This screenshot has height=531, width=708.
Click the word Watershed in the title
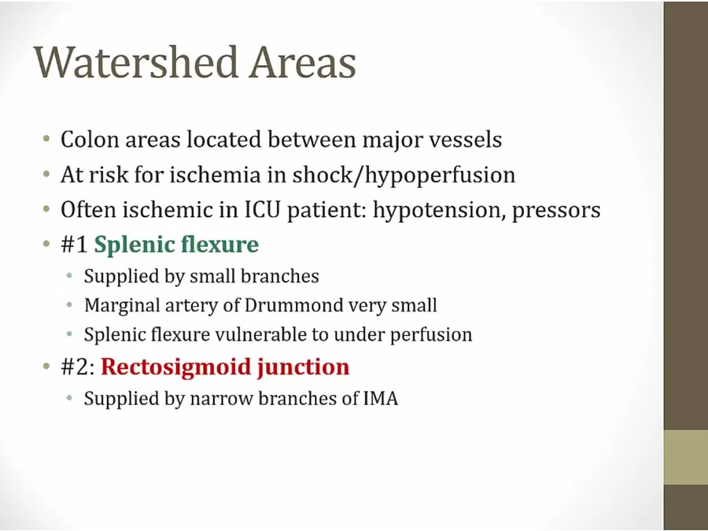point(136,62)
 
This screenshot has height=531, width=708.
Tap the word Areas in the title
point(303,62)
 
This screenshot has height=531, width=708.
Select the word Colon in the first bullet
point(90,139)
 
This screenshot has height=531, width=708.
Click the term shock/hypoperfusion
point(404,175)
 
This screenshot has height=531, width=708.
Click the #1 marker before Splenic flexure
point(74,245)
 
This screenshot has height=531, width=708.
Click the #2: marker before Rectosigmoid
point(78,367)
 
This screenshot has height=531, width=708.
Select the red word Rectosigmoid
point(176,367)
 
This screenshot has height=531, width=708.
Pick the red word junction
point(304,367)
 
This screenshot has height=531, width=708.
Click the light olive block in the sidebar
point(685,457)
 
